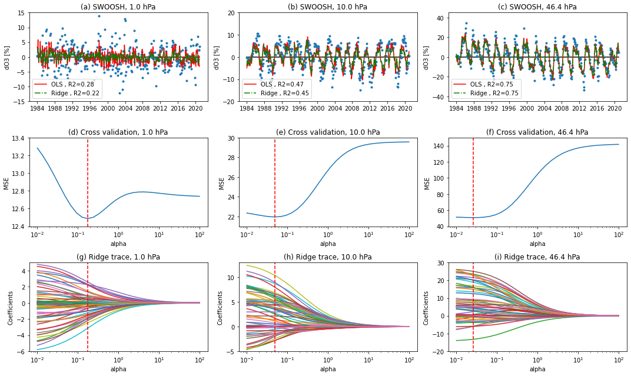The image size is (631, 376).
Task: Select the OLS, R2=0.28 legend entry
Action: (x=67, y=85)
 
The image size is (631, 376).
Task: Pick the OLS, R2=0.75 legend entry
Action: (x=487, y=85)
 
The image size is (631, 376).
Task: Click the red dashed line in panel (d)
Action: (x=88, y=177)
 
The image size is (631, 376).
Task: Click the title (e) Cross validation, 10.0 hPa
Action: (x=328, y=132)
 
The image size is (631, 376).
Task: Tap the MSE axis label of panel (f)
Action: (x=427, y=182)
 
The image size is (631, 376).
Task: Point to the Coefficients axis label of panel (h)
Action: (x=221, y=307)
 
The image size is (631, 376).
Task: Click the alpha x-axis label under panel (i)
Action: (x=537, y=370)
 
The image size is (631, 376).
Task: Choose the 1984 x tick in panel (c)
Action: (x=456, y=109)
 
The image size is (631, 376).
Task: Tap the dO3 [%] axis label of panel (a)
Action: (x=8, y=57)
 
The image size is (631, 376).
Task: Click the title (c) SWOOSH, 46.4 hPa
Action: (x=537, y=7)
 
